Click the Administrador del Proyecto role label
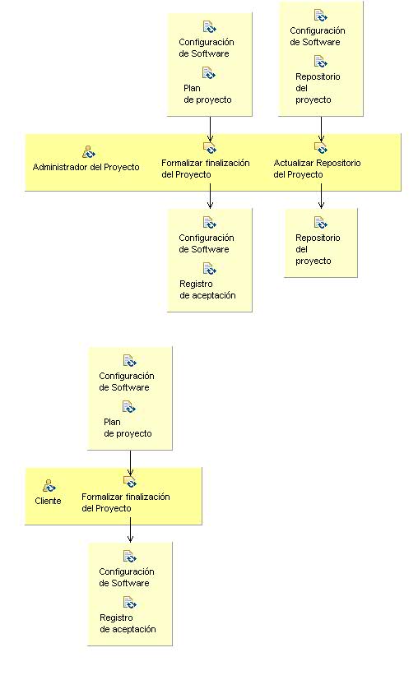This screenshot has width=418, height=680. point(86,167)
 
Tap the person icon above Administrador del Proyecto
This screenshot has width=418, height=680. point(89,151)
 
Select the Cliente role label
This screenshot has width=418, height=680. point(48,501)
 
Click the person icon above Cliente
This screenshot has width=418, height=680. point(49,485)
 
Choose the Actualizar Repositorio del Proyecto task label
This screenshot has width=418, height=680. point(317,169)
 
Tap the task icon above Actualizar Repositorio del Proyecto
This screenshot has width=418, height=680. point(321,148)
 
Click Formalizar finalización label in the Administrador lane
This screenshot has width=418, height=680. point(205,169)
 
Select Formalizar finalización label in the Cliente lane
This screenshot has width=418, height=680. point(125,502)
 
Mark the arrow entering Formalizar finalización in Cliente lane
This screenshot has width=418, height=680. point(130,462)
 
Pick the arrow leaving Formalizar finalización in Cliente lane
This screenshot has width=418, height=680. point(130,531)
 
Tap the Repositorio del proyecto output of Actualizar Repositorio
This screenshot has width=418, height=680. point(318,249)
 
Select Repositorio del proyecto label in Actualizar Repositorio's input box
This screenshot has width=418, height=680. point(318,88)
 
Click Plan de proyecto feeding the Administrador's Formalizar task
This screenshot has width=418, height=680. point(207,94)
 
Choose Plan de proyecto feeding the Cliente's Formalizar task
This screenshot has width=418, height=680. point(128,428)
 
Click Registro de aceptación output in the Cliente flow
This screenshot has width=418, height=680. point(128,623)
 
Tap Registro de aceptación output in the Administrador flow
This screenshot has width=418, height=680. point(207,289)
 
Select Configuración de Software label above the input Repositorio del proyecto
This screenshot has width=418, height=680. point(317,36)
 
